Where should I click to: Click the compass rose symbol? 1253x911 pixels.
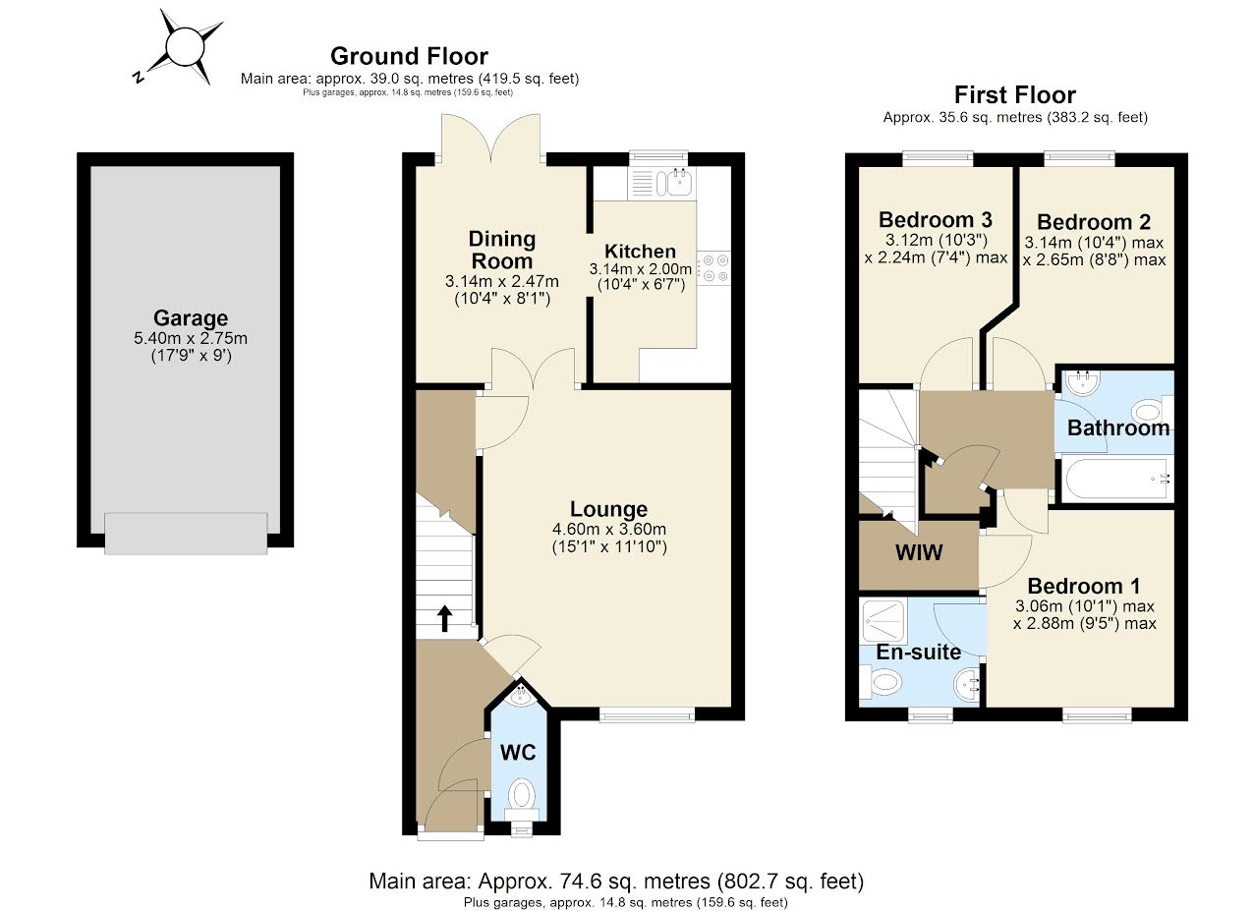183,46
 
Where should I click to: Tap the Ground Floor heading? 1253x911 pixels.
409,56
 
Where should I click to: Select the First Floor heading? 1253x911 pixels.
1014,95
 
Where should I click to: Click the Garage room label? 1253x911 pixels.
191,318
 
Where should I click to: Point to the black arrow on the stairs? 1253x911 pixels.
444,618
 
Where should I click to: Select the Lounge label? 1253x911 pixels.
608,509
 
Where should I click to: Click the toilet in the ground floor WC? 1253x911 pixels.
522,793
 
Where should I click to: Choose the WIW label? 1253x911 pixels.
918,553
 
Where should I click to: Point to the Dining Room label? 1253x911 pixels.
501,250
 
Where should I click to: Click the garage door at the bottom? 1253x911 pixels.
186,534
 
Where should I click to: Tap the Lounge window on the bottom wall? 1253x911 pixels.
648,714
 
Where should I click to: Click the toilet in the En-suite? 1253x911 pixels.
883,681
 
